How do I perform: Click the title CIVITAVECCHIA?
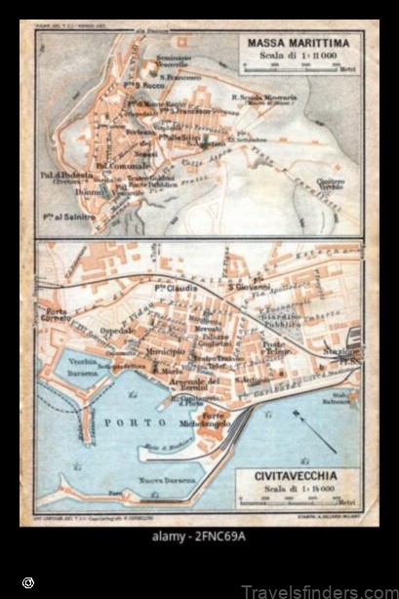click(x=297, y=478)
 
